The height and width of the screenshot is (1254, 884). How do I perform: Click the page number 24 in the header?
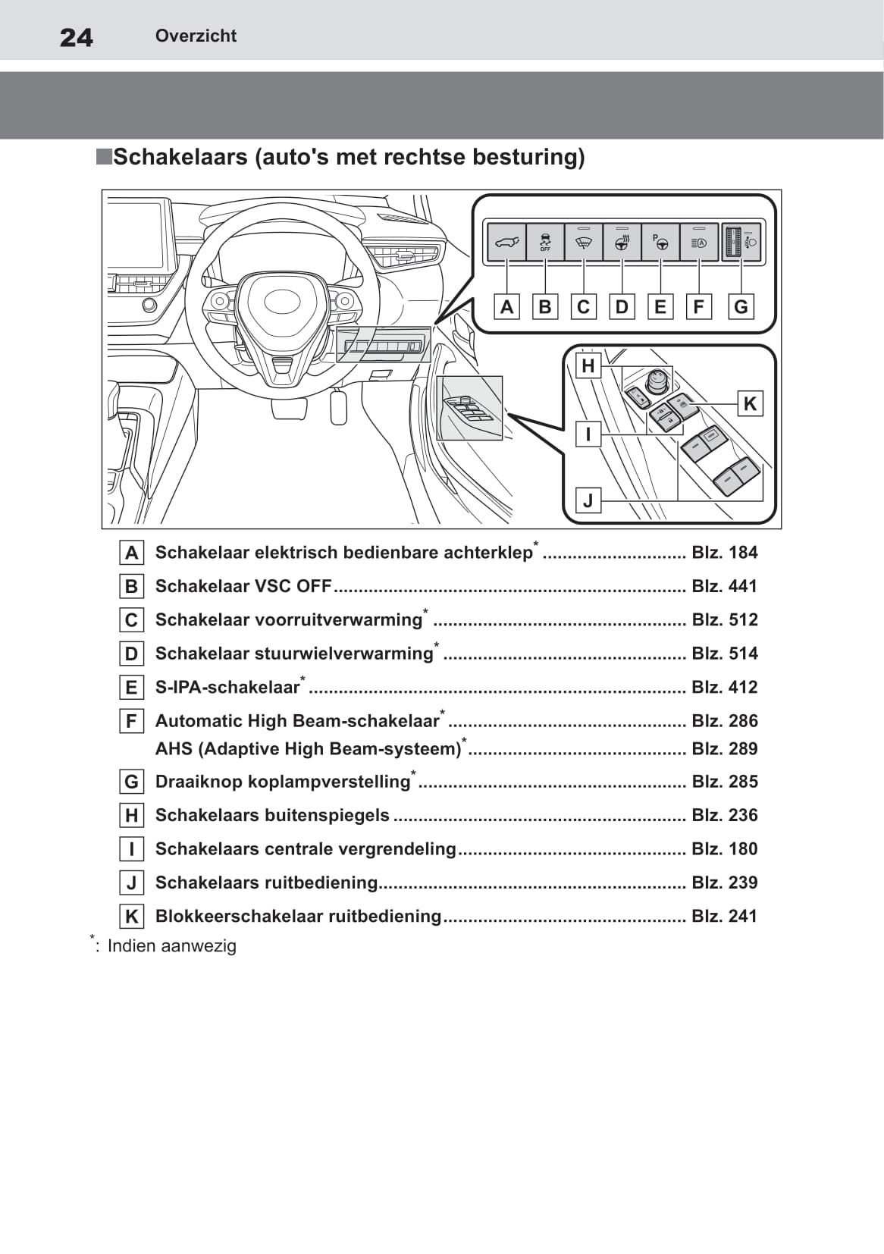(77, 37)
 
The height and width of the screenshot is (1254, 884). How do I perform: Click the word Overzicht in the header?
(196, 36)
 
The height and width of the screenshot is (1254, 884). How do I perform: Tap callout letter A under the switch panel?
(507, 306)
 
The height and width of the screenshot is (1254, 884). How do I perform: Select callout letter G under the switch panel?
(741, 306)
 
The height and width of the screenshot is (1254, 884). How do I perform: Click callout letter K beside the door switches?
(750, 403)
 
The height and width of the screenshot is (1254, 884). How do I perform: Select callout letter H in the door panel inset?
(588, 366)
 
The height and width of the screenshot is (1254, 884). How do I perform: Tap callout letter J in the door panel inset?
(588, 500)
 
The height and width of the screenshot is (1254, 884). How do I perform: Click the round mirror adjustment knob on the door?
(657, 378)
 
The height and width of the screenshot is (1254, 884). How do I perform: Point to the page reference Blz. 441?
(724, 586)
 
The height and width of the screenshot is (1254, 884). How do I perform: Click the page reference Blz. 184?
(724, 553)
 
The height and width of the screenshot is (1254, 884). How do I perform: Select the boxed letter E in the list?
(132, 687)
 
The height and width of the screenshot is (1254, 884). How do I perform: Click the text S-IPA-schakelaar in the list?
(227, 688)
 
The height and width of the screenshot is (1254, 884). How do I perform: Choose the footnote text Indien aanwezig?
(172, 946)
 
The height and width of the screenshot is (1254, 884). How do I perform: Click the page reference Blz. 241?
(724, 916)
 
